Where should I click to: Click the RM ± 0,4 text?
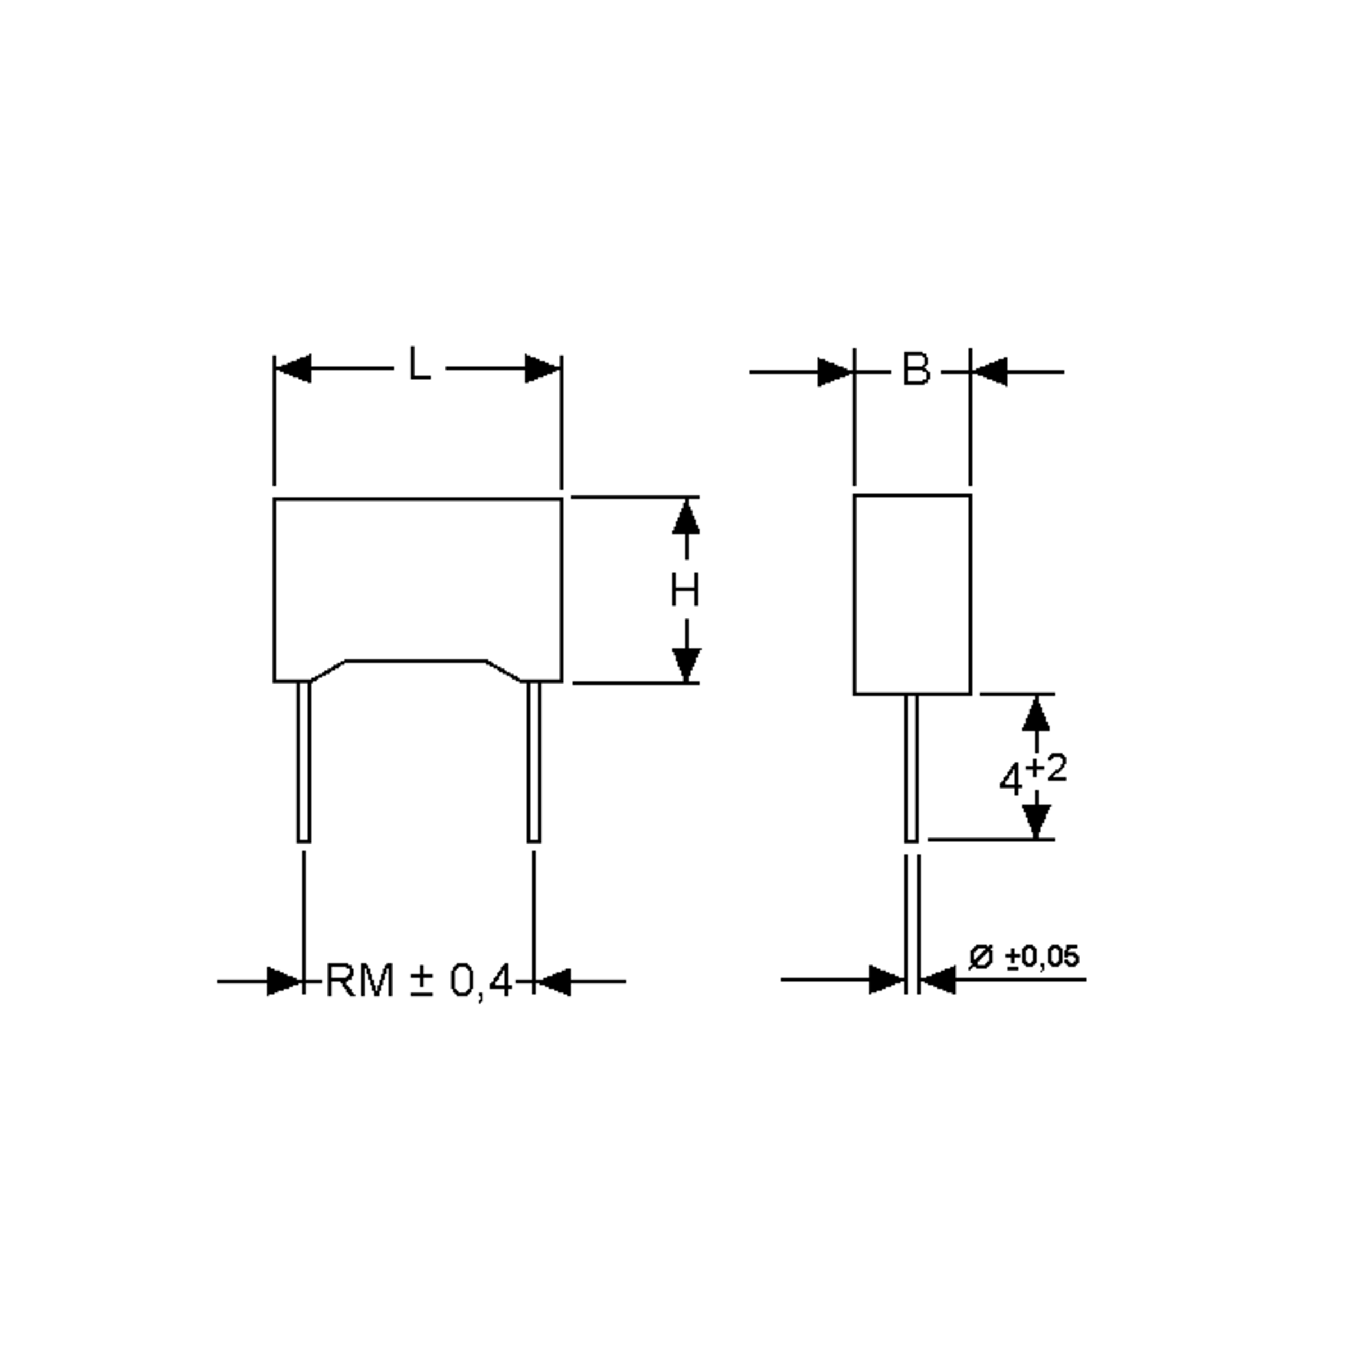point(418,981)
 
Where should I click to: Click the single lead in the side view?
point(911,767)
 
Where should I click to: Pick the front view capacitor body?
point(417,579)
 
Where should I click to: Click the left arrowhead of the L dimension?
point(293,368)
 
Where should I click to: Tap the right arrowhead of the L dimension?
point(543,368)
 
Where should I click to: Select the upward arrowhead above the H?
point(686,518)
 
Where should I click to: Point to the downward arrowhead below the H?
point(686,664)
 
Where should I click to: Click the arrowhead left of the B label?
point(835,372)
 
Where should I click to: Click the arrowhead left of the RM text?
point(285,982)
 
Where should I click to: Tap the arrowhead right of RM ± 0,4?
point(553,982)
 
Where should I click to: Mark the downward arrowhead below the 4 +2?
point(1036,821)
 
